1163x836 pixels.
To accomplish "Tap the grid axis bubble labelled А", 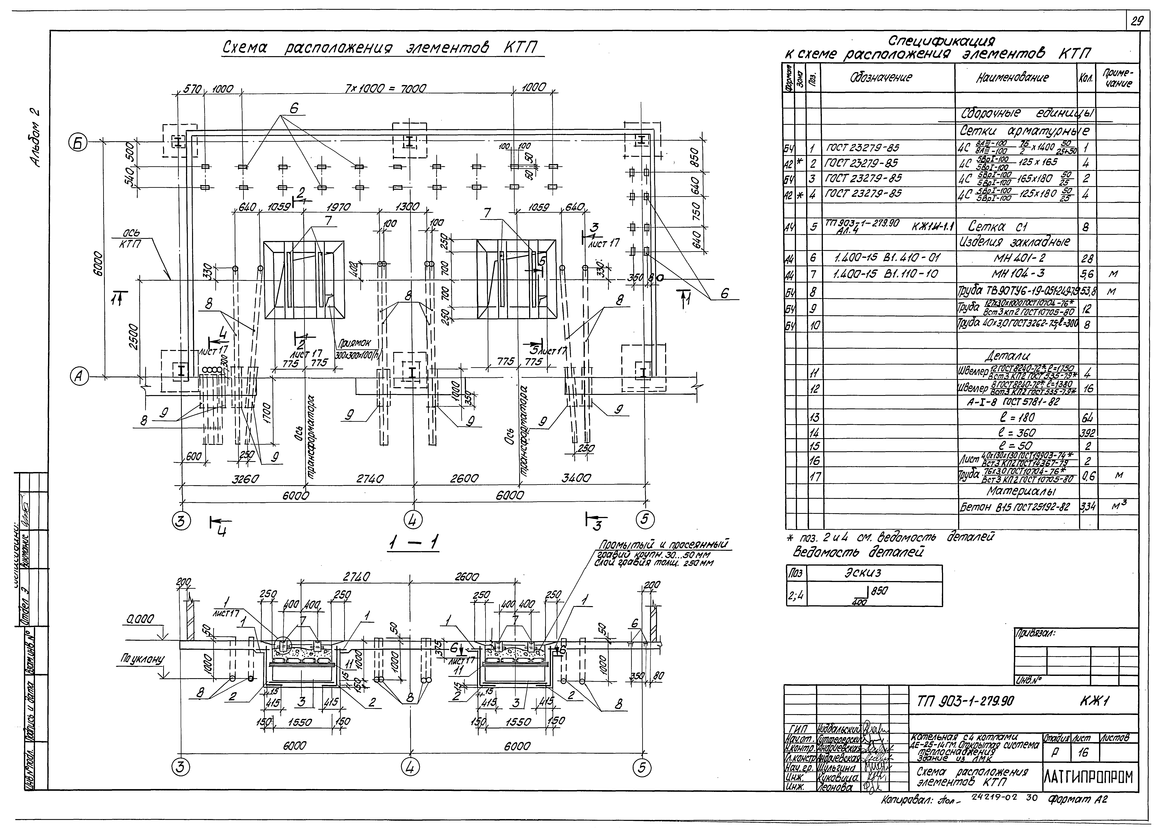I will click(x=78, y=377).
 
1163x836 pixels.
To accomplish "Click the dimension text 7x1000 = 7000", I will click(x=382, y=89).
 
